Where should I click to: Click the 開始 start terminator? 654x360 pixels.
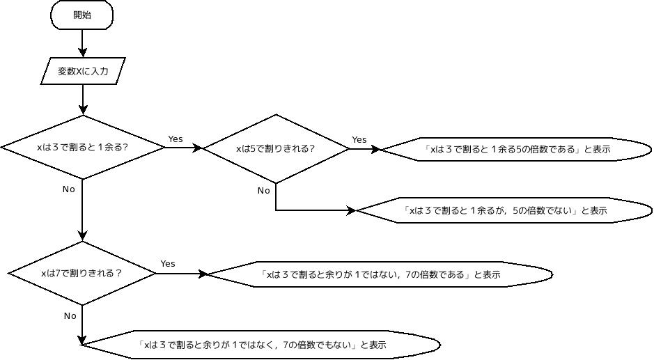[82, 16]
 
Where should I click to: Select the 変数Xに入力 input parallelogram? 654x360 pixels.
[83, 70]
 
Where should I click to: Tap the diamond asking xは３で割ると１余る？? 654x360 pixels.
[83, 148]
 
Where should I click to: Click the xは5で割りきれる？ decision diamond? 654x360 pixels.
[275, 148]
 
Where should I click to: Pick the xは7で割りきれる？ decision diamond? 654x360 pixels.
[82, 273]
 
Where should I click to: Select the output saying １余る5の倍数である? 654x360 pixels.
[516, 149]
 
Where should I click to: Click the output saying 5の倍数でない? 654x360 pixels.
[505, 210]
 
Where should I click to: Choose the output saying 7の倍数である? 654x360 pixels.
[380, 274]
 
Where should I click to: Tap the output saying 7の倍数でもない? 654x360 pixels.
[261, 345]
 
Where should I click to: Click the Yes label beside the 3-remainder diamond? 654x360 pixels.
[176, 139]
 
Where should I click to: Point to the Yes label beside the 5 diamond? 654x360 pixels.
[359, 140]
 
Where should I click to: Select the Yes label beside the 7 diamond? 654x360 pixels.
[168, 264]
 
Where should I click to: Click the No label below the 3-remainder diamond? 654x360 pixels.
[68, 189]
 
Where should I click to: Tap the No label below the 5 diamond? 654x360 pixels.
[263, 191]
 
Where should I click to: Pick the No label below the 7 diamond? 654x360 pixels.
[70, 316]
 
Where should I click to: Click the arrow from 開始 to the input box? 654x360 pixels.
[83, 43]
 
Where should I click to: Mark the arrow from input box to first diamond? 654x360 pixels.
[83, 99]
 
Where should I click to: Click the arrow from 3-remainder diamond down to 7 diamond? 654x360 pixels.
[83, 210]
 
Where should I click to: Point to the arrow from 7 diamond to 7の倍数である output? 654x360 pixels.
[181, 274]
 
